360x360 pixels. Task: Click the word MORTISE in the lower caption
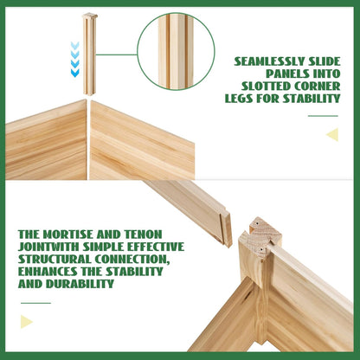tap(67, 235)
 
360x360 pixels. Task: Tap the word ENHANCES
tap(48, 272)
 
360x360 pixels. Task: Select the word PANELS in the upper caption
tap(284, 74)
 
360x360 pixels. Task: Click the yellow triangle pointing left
tap(333, 134)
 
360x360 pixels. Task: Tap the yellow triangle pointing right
tap(26, 322)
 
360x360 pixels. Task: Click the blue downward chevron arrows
tap(75, 60)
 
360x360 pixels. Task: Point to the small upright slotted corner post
tap(90, 55)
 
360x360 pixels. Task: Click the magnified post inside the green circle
tap(176, 51)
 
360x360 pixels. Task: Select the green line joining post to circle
tap(117, 55)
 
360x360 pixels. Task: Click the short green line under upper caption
tap(323, 116)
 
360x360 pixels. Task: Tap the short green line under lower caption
tap(35, 303)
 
